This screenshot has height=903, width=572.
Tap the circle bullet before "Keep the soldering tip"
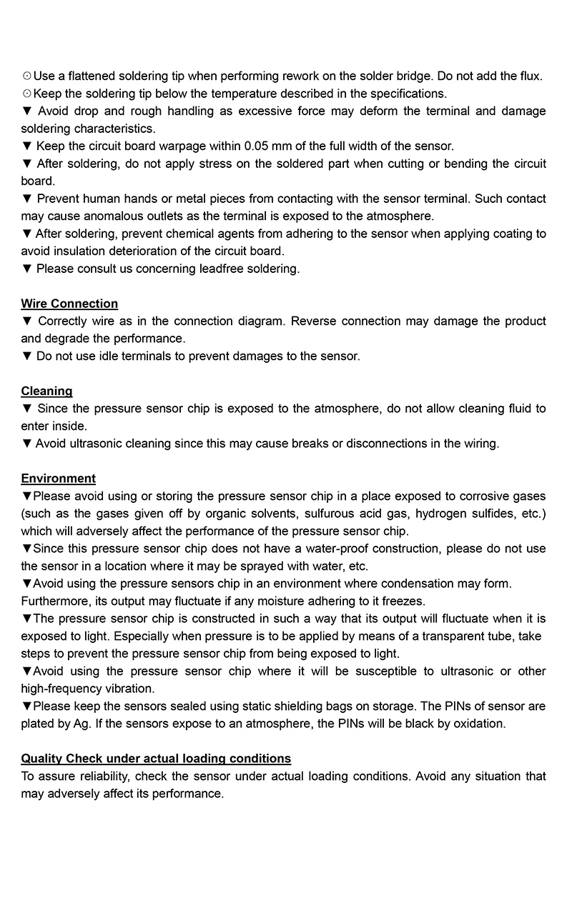[x=26, y=94]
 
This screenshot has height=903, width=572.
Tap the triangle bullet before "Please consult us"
[x=27, y=269]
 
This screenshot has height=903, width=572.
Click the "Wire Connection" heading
[x=69, y=304]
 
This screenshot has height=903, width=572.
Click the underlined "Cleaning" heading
[x=46, y=391]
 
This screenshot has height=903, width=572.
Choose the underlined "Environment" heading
[x=58, y=478]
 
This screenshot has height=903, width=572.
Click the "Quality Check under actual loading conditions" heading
[x=156, y=758]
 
